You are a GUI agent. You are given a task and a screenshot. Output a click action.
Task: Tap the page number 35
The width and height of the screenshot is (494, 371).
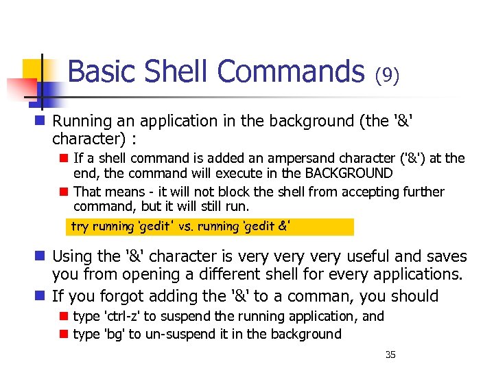[390, 355]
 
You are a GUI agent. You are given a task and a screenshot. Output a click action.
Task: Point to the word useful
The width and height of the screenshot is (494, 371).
[367, 257]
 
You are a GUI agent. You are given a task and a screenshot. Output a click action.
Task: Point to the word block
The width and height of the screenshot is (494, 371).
[201, 192]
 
